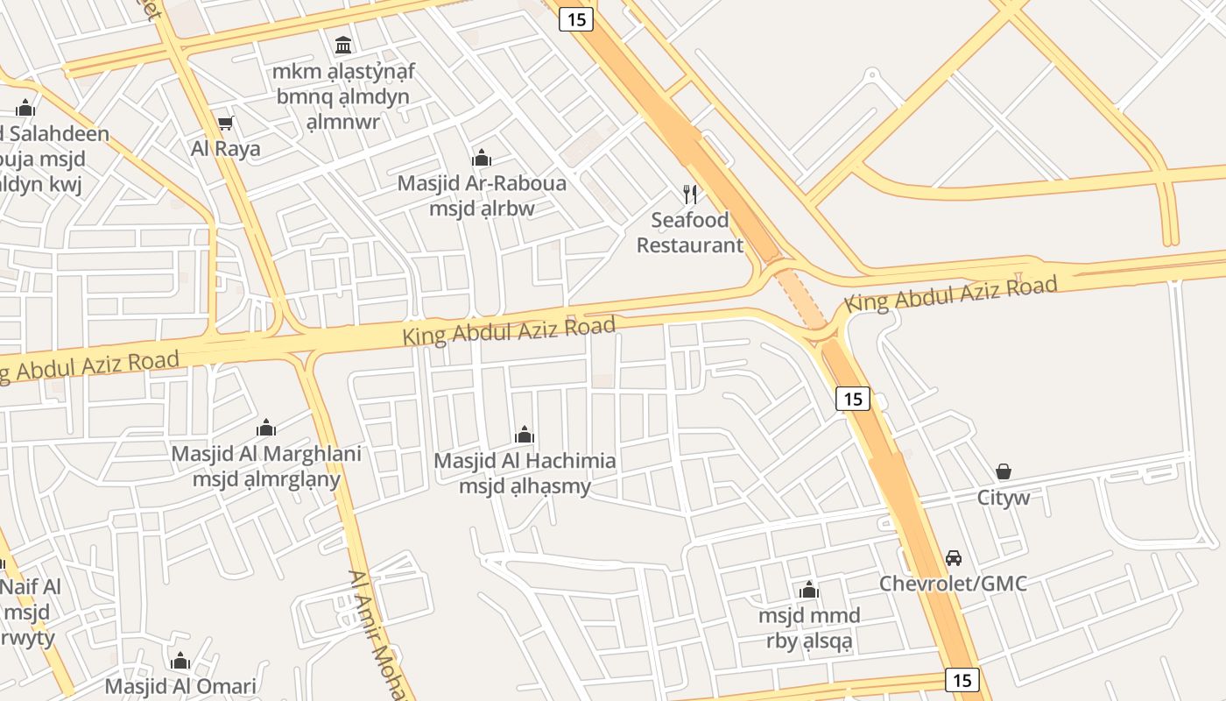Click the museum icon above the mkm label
pos(343,45)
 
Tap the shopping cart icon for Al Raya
pos(226,124)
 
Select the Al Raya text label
pos(226,149)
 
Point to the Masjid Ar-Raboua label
pos(482,184)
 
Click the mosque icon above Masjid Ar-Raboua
pos(482,159)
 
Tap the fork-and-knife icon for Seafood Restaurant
pos(690,194)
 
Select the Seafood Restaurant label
pos(690,232)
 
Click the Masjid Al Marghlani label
pos(266,454)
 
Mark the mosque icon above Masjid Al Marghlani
pos(266,428)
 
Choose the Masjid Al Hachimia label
pos(525,461)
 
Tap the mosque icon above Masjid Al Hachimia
pos(525,435)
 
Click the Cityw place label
pos(1004,498)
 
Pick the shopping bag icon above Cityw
pos(1004,471)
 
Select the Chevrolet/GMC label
pos(953,584)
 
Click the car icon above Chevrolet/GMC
pos(953,558)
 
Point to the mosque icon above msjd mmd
pos(809,590)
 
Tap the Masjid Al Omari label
pos(180,686)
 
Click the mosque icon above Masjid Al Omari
pos(180,661)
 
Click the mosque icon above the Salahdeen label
pos(25,109)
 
